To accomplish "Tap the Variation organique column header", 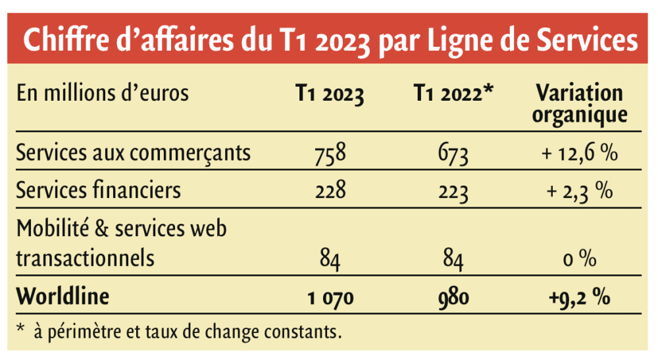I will (x=579, y=103).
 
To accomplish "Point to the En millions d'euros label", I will (x=103, y=93).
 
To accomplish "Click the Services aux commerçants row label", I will (x=134, y=153).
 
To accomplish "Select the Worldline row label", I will (x=63, y=296).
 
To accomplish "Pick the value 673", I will (x=453, y=155).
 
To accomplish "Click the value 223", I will (x=453, y=192).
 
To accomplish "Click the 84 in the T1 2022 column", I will (x=453, y=259).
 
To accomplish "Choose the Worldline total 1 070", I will (x=330, y=298).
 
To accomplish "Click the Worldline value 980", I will (x=453, y=298).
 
